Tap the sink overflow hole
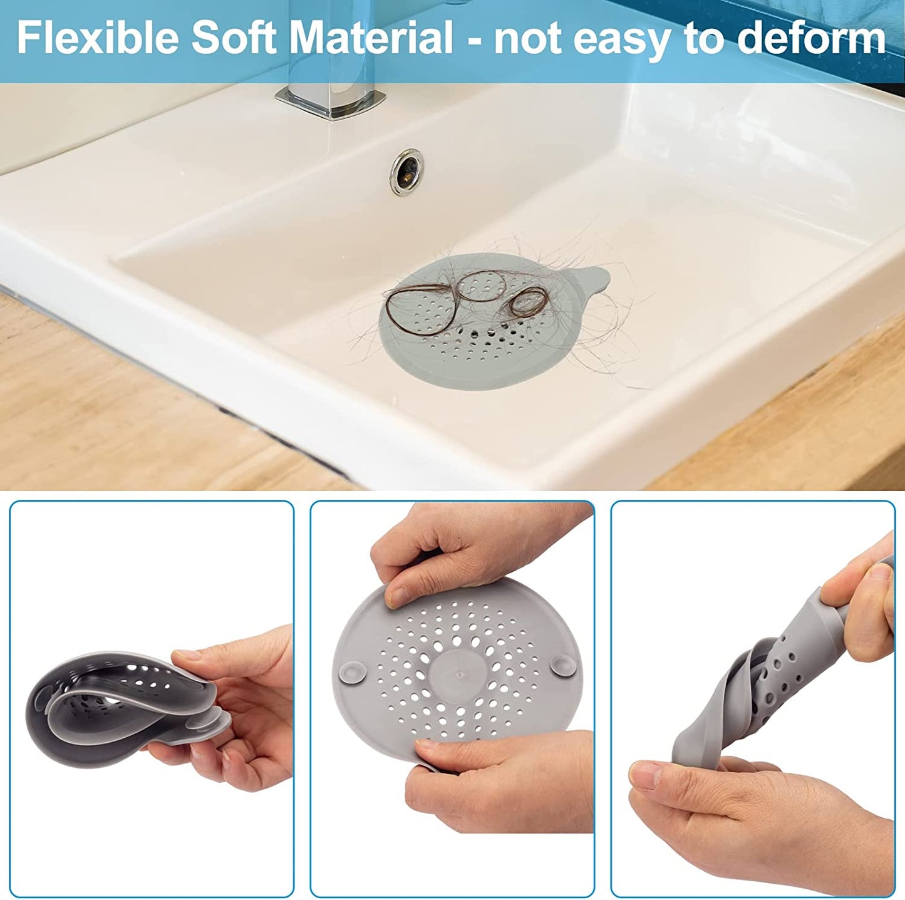pos(406,172)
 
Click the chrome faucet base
pos(330,101)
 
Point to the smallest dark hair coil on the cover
pos(529,303)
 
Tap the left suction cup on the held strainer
pos(353,672)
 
